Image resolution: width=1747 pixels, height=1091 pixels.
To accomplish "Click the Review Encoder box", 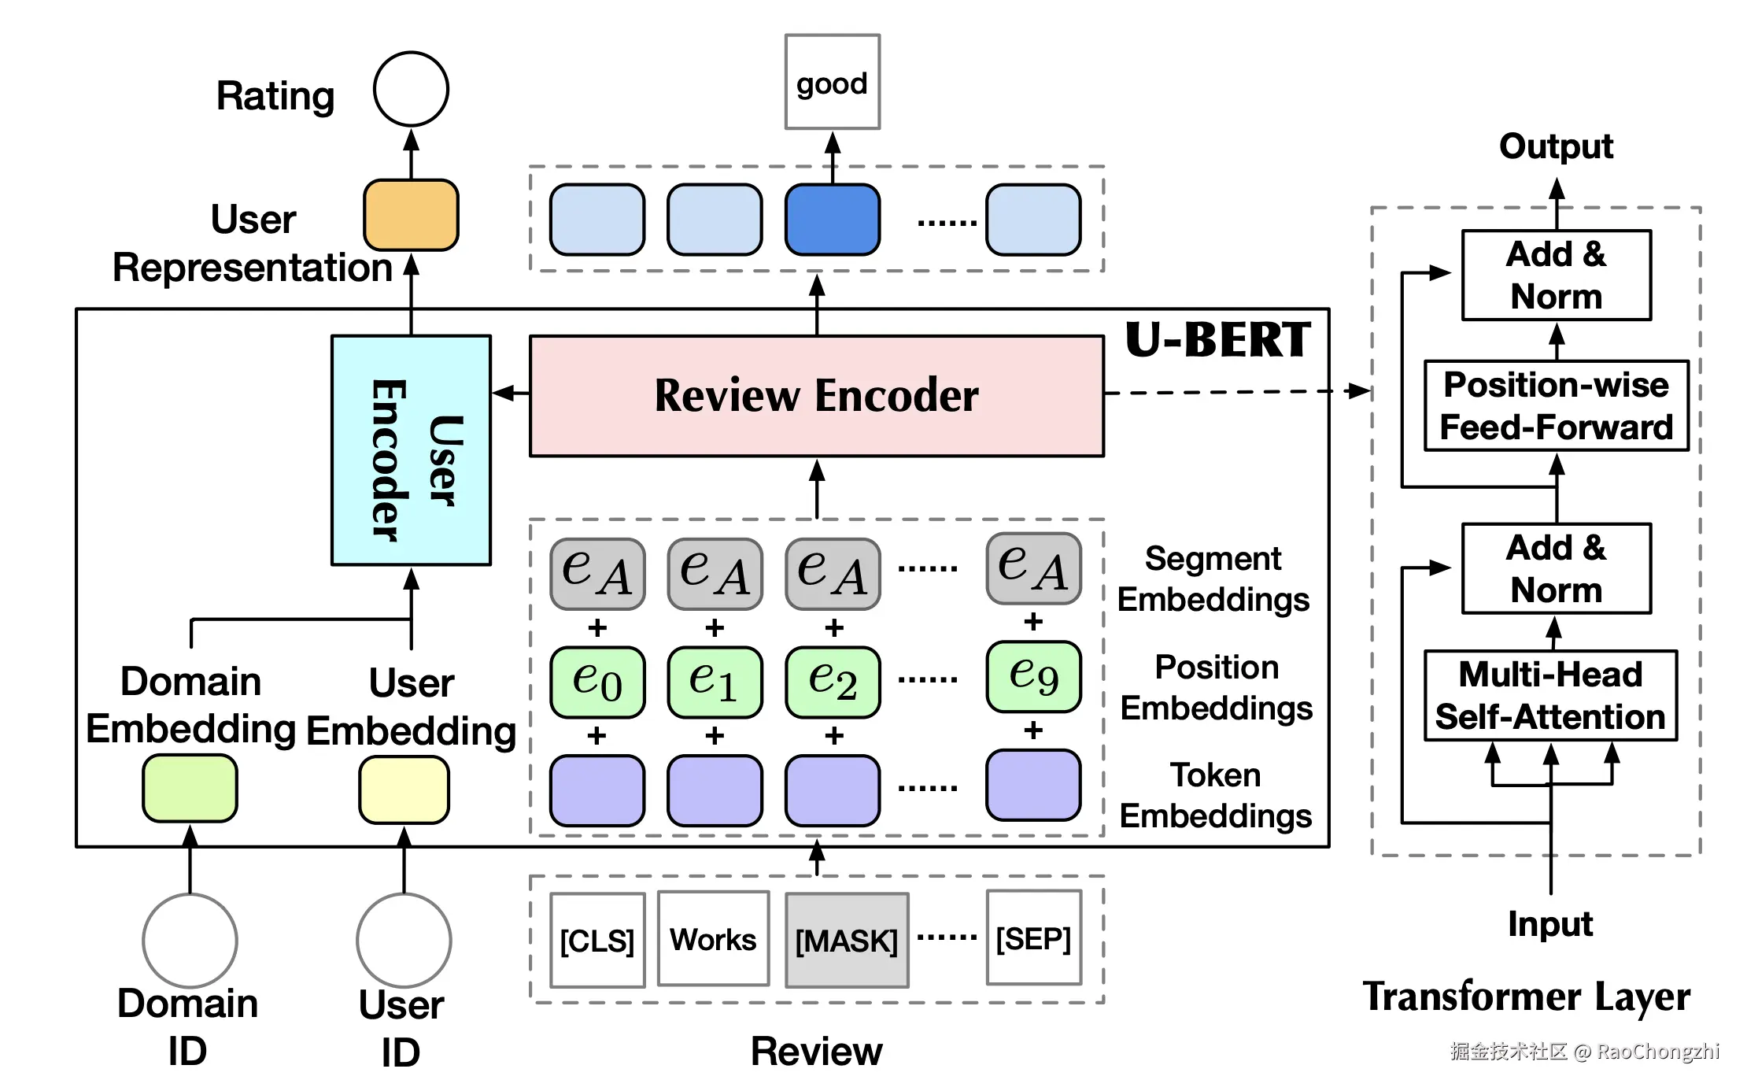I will [817, 395].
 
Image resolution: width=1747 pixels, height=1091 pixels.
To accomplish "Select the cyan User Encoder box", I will [411, 450].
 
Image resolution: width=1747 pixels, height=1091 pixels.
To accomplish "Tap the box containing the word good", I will [832, 82].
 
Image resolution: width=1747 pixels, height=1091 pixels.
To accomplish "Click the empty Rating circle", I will [411, 89].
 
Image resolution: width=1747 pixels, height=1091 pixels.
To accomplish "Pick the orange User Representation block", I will [411, 215].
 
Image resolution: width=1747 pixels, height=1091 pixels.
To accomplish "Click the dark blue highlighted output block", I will [832, 220].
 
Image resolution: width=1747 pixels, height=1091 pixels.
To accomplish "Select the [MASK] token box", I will [847, 940].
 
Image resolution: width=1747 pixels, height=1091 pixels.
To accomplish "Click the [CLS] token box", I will [597, 940].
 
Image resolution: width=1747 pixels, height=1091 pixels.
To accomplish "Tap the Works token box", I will [713, 938].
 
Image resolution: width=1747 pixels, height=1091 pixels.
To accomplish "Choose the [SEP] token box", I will [1033, 938].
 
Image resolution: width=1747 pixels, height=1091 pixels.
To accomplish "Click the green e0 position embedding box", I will [597, 682].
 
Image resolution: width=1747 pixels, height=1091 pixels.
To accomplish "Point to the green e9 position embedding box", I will [1033, 676].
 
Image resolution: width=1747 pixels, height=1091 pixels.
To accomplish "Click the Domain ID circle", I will [190, 940].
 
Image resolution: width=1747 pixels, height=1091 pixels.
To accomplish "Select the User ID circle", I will [404, 940].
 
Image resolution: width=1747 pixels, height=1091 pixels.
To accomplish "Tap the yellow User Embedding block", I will [404, 790].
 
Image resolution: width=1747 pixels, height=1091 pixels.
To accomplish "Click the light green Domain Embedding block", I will [190, 788].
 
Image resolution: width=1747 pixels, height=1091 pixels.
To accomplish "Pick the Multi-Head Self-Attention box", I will [1550, 696].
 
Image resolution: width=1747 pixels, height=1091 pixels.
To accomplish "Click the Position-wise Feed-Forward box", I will [1556, 406].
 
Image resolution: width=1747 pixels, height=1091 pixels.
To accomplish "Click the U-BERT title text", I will [1217, 340].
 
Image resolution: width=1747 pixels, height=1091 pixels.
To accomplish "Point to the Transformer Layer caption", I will [1526, 997].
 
